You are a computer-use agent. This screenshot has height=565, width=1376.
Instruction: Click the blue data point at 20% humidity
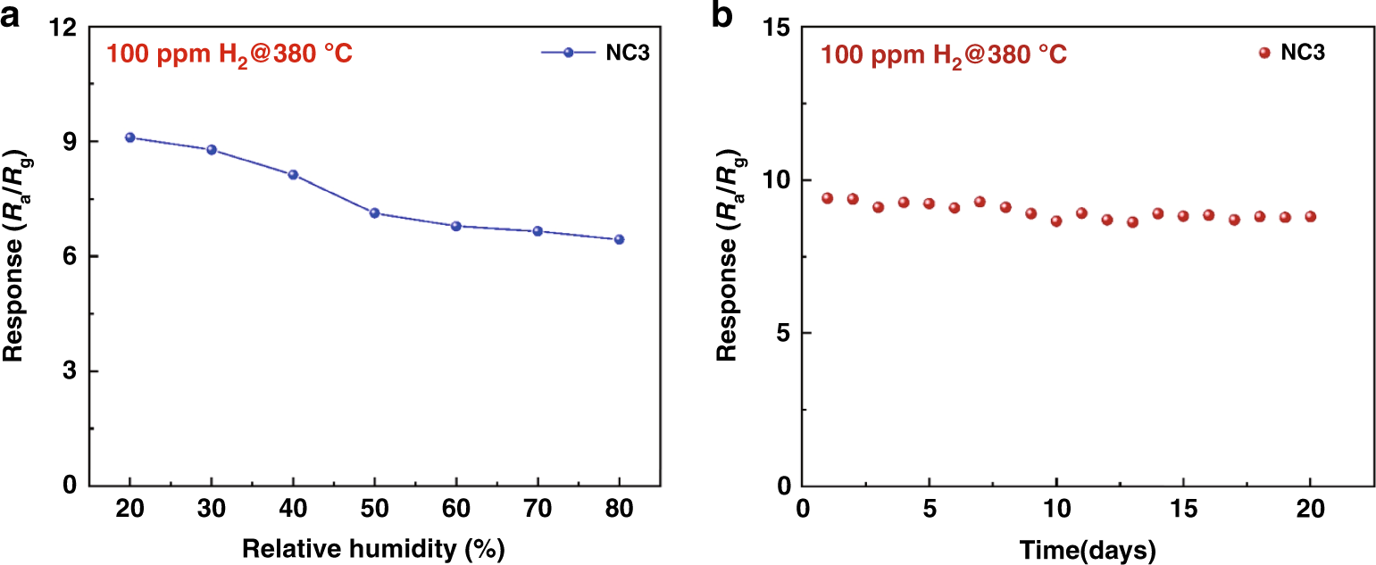(x=129, y=137)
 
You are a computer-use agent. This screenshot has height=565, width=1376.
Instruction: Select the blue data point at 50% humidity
(x=375, y=212)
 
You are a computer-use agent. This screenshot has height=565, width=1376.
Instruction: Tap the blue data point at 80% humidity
(x=619, y=239)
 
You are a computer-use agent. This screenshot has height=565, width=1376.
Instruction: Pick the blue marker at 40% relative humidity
(x=293, y=175)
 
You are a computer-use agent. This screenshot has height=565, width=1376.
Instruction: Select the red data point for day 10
(x=1056, y=220)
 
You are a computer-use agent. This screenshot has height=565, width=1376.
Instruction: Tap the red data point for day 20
(x=1311, y=216)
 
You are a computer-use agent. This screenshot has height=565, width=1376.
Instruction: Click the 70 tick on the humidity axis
(x=538, y=510)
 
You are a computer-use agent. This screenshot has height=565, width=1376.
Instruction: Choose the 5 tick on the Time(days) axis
(x=930, y=510)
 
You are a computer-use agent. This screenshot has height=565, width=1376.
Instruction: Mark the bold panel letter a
(x=11, y=15)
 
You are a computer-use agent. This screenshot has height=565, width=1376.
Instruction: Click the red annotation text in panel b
(x=944, y=55)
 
